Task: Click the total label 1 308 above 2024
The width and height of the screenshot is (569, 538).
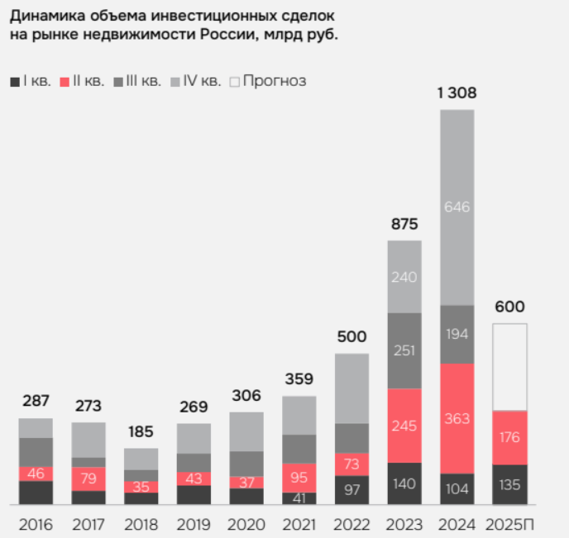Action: coord(456,93)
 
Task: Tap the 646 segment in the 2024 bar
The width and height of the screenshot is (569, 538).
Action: coord(457,207)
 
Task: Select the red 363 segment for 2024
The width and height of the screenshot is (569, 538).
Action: coord(457,418)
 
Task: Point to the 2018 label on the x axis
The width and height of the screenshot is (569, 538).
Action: coord(141,525)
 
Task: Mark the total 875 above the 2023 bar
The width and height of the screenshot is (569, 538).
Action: coord(404,224)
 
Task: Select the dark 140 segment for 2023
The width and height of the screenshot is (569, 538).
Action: coord(404,484)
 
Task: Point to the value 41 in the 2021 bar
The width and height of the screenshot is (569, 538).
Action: coord(299,498)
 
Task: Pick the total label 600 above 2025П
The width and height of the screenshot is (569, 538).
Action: coord(509,307)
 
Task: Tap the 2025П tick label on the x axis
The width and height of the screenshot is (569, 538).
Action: coord(509,525)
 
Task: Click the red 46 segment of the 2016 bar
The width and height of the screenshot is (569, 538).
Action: coord(36,474)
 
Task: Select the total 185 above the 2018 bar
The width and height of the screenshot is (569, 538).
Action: coord(141,431)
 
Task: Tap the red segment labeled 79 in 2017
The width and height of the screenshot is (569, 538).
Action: coord(88,478)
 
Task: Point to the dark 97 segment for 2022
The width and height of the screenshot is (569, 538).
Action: coord(352,490)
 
